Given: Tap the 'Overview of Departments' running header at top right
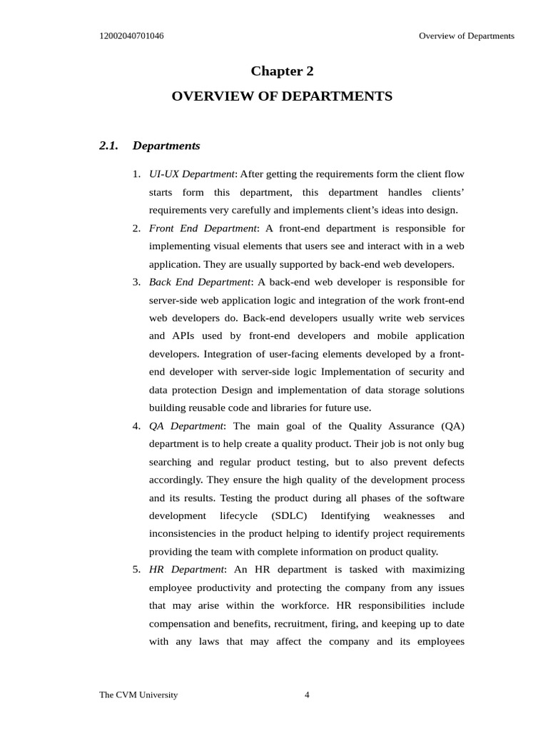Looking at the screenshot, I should (x=466, y=36).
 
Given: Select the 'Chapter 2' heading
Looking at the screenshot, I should (x=282, y=71).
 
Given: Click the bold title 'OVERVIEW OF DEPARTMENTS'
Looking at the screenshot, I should (x=282, y=96).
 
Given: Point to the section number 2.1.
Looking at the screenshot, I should (x=108, y=146).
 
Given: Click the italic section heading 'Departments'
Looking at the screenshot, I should (x=166, y=146).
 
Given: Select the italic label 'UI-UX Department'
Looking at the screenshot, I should (x=191, y=174).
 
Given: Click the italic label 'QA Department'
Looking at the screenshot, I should (x=186, y=426).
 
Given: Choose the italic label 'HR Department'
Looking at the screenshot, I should (x=186, y=569).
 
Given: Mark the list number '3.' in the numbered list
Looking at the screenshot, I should (x=136, y=282).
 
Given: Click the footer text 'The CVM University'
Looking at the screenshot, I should (x=138, y=695).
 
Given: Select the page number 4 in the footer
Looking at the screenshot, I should (x=307, y=695).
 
